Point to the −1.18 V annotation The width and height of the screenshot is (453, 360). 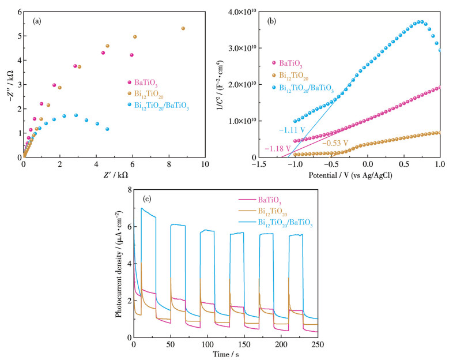click(x=277, y=149)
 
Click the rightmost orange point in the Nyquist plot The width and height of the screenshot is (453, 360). click(x=183, y=28)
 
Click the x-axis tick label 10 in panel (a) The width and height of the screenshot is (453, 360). click(x=205, y=164)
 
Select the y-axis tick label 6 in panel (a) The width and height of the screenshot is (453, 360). click(x=20, y=12)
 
